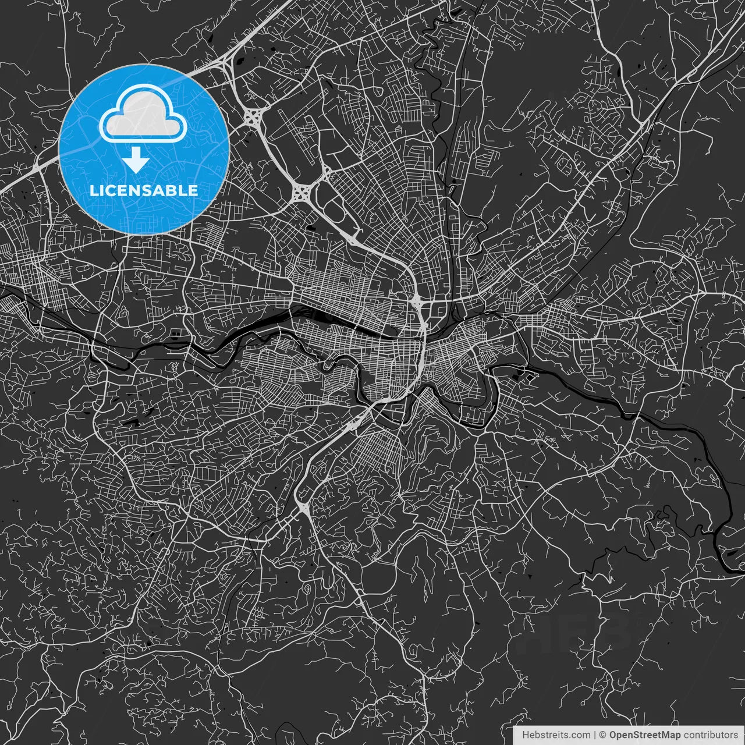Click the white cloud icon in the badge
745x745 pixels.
[143, 114]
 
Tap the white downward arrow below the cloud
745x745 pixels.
[136, 160]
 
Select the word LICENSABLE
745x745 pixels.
[144, 190]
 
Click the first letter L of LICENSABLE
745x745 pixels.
[93, 190]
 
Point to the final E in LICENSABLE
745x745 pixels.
[193, 190]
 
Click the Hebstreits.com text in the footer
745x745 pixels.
[556, 735]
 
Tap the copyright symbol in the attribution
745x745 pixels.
[603, 735]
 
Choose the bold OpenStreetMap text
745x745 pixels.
[644, 735]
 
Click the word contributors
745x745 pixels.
[710, 735]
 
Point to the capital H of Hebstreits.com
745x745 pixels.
[526, 735]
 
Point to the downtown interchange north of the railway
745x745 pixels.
[417, 302]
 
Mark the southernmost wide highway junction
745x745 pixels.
[303, 508]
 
